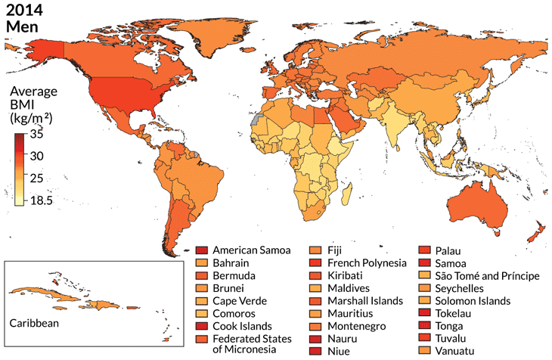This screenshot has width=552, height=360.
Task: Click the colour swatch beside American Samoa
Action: (201, 250)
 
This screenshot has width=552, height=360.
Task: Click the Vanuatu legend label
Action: (457, 351)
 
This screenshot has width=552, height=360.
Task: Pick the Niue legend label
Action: (336, 351)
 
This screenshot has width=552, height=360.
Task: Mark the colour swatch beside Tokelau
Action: (426, 313)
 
